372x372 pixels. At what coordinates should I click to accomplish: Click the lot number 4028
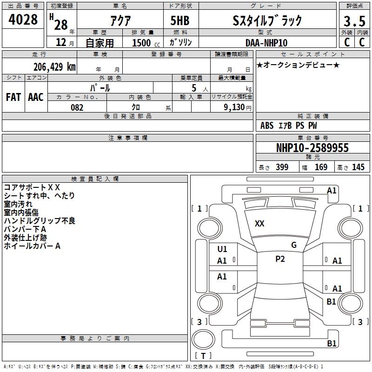23,19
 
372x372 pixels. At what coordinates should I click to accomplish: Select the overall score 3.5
354,21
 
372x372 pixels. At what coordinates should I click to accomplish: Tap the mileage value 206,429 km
54,66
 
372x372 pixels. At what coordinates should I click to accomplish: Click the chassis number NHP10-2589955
312,148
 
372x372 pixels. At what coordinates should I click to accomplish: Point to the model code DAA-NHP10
266,43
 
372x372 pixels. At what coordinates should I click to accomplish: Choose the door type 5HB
180,20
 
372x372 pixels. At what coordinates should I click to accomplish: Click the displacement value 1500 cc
146,43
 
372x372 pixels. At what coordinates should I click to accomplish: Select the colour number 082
77,107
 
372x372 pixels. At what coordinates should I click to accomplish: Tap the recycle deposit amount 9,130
234,107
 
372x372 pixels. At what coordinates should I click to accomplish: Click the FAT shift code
13,97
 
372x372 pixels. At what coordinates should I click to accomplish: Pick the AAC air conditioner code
36,97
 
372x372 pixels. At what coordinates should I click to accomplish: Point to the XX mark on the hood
259,224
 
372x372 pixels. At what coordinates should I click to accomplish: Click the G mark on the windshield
294,245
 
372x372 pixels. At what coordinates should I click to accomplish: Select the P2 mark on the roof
280,259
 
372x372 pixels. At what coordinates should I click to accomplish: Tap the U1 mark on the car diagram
222,249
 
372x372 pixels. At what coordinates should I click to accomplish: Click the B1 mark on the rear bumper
332,343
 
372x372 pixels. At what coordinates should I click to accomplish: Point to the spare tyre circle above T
203,339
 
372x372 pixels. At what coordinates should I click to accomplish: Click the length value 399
282,167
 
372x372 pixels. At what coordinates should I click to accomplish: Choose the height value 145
358,167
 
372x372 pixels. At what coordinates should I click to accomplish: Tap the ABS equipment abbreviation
267,126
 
